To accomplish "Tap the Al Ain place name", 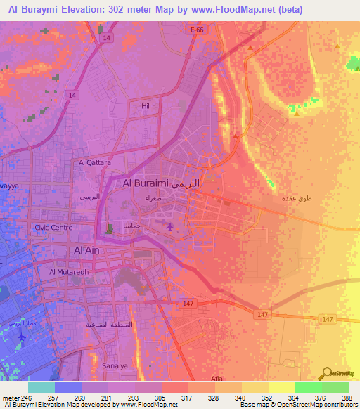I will coord(88,249).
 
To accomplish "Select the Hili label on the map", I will coord(146,106).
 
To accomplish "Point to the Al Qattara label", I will coord(95,162).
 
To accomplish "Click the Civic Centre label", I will coord(53,228).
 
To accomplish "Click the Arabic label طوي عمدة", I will coord(295,199).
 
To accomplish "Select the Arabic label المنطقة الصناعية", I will coord(110,325).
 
